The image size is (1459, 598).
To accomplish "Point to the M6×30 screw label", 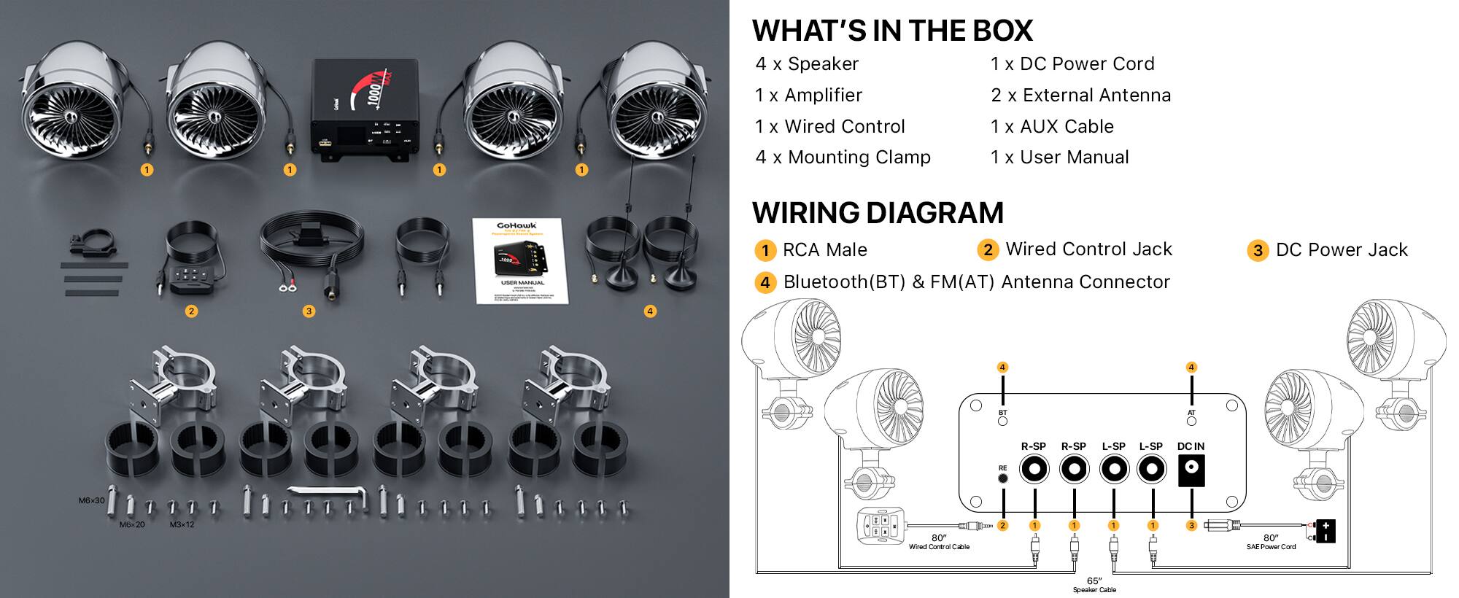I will click(92, 501).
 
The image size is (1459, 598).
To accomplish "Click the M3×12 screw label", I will click(182, 525).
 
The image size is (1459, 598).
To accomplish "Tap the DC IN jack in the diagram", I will click(1191, 471).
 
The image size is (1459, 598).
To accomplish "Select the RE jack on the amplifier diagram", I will click(1003, 479).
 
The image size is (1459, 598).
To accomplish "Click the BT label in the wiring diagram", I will click(1002, 413).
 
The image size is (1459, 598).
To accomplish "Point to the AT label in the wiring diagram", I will click(1191, 413).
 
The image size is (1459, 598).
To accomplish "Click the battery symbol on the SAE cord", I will click(1325, 531).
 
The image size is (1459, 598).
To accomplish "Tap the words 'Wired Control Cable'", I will click(939, 547).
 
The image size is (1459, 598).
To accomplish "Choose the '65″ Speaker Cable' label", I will click(1094, 585).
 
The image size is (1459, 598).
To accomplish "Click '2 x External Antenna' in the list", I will click(1080, 96).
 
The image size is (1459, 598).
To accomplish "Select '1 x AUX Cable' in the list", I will click(1052, 127).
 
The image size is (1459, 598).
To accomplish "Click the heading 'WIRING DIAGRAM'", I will click(878, 213).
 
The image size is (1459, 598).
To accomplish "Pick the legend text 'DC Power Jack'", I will click(1341, 250).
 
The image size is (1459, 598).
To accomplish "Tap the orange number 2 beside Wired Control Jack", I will click(987, 250).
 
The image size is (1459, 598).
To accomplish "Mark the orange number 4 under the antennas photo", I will click(650, 311).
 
